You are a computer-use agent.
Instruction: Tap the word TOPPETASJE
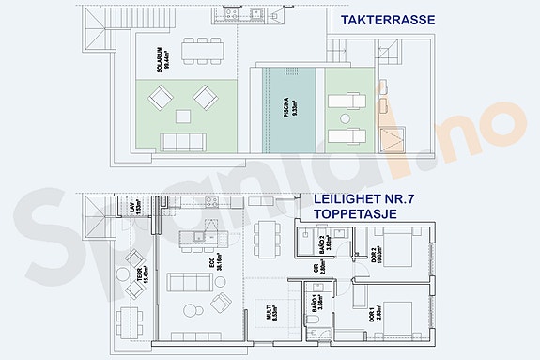355,213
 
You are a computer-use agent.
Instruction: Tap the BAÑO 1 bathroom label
319,302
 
